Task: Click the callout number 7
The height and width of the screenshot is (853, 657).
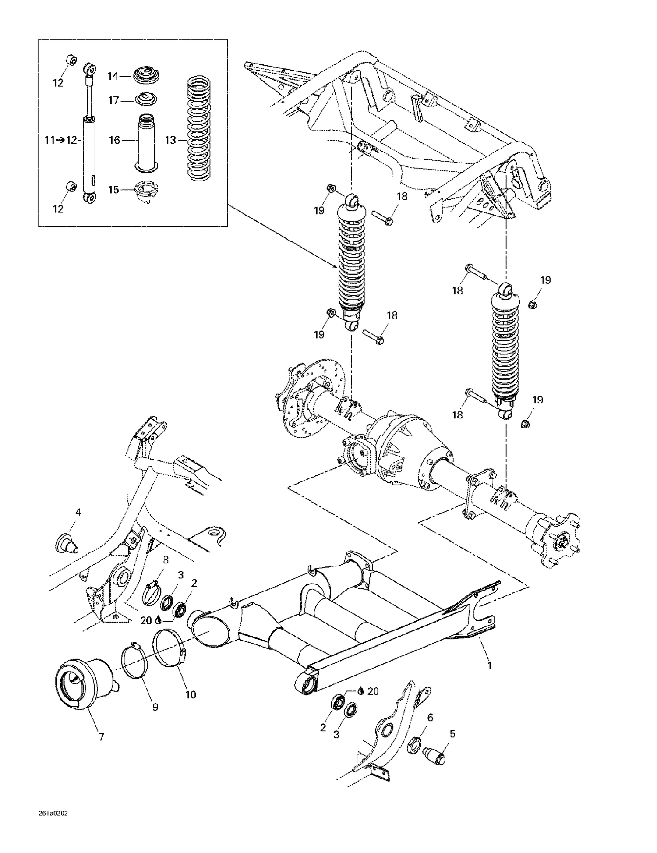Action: pos(101,737)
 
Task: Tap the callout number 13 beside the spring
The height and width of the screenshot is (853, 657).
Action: pos(170,140)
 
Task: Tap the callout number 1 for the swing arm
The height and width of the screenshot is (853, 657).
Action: pos(490,665)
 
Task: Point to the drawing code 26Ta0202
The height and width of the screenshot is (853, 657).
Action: pos(53,814)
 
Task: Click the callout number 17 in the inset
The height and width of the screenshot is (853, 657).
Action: pos(113,101)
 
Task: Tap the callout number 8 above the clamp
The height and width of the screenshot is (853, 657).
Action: pos(166,560)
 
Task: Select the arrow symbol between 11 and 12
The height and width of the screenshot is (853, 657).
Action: pos(61,140)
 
